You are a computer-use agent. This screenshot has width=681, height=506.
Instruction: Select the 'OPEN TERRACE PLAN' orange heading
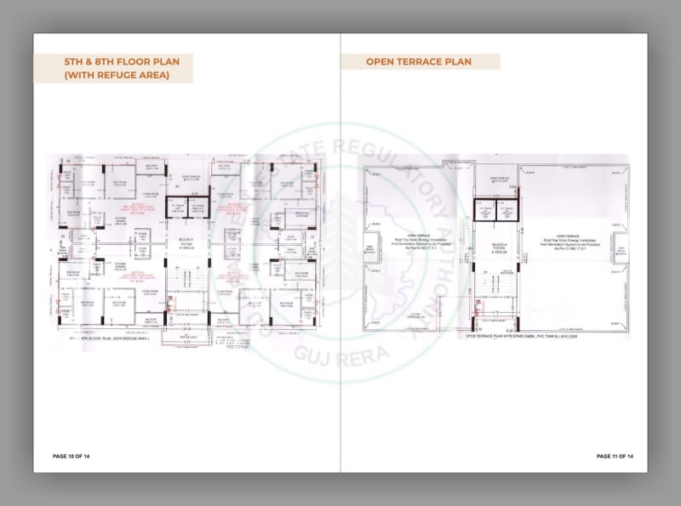pyautogui.click(x=419, y=61)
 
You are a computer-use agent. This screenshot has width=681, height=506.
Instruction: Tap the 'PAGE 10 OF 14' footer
pyautogui.click(x=71, y=457)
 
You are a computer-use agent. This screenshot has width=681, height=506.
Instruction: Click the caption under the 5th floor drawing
pyautogui.click(x=108, y=338)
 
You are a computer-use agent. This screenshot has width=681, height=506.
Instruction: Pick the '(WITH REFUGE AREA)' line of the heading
pyautogui.click(x=117, y=76)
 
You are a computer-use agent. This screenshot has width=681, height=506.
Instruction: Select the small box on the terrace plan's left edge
pyautogui.click(x=370, y=249)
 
